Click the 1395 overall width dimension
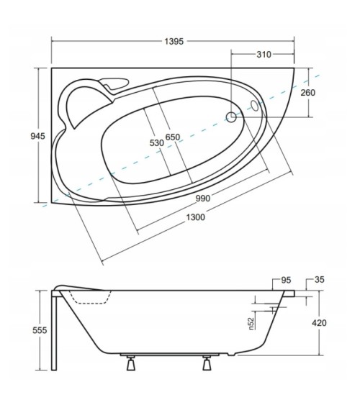click(x=174, y=41)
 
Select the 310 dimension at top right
click(x=264, y=55)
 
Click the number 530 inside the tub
click(x=156, y=142)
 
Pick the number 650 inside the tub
click(x=173, y=137)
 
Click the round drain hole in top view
click(x=232, y=116)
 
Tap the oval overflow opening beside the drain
click(x=253, y=106)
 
